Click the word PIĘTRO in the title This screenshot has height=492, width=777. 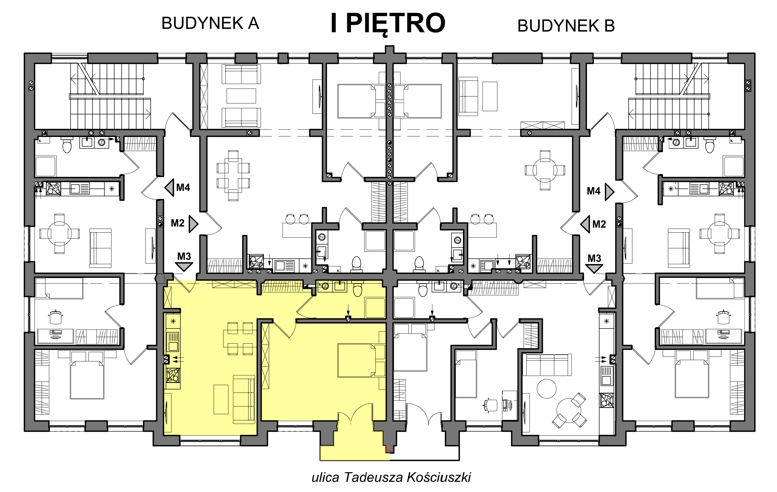pos(396,23)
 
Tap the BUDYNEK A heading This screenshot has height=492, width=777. pos(210,23)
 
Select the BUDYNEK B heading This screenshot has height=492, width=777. pos(566,26)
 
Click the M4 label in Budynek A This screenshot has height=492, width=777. pos(183,187)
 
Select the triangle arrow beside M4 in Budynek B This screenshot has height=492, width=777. pos(609,192)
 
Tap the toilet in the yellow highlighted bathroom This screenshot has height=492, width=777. pos(357,290)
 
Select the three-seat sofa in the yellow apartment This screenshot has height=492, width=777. pos(244,399)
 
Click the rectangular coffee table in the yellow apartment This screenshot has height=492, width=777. pos(221,399)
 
